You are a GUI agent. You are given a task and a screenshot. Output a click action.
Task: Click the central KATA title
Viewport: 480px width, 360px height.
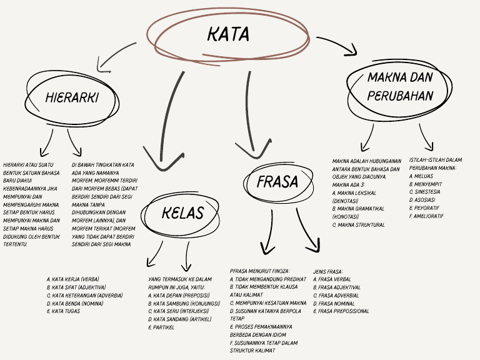227,34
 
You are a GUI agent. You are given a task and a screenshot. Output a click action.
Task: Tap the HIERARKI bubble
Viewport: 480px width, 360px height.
72,97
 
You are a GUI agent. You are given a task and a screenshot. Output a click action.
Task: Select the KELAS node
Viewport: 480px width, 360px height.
182,213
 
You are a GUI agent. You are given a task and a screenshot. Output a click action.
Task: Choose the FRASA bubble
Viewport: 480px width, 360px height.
277,181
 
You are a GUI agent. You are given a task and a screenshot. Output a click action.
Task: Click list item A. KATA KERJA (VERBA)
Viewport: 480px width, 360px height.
72,279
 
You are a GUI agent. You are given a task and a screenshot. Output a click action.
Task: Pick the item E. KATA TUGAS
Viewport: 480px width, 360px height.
63,311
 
